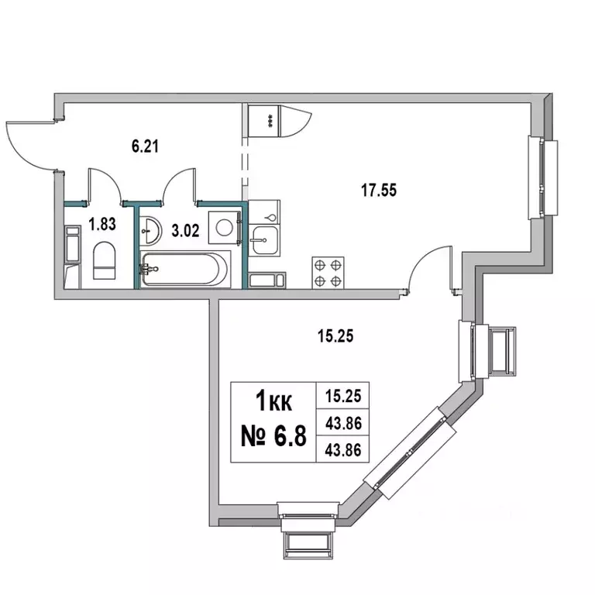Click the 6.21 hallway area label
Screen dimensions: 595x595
145,146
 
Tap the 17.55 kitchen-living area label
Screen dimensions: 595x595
379,190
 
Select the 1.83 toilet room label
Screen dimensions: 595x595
102,224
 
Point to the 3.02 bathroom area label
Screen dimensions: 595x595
185,230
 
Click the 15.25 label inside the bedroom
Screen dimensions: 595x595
335,336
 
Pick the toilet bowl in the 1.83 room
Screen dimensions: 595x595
104,260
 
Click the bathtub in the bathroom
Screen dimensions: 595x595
185,269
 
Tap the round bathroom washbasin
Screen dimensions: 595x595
150,230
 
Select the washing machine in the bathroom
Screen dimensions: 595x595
225,228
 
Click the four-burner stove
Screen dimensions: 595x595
328,273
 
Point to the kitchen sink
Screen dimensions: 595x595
264,240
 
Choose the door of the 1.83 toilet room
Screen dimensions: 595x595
105,185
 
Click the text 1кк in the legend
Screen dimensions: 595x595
274,402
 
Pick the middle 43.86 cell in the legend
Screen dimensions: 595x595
343,423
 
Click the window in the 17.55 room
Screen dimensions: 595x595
543,177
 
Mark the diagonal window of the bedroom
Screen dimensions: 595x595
410,453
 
